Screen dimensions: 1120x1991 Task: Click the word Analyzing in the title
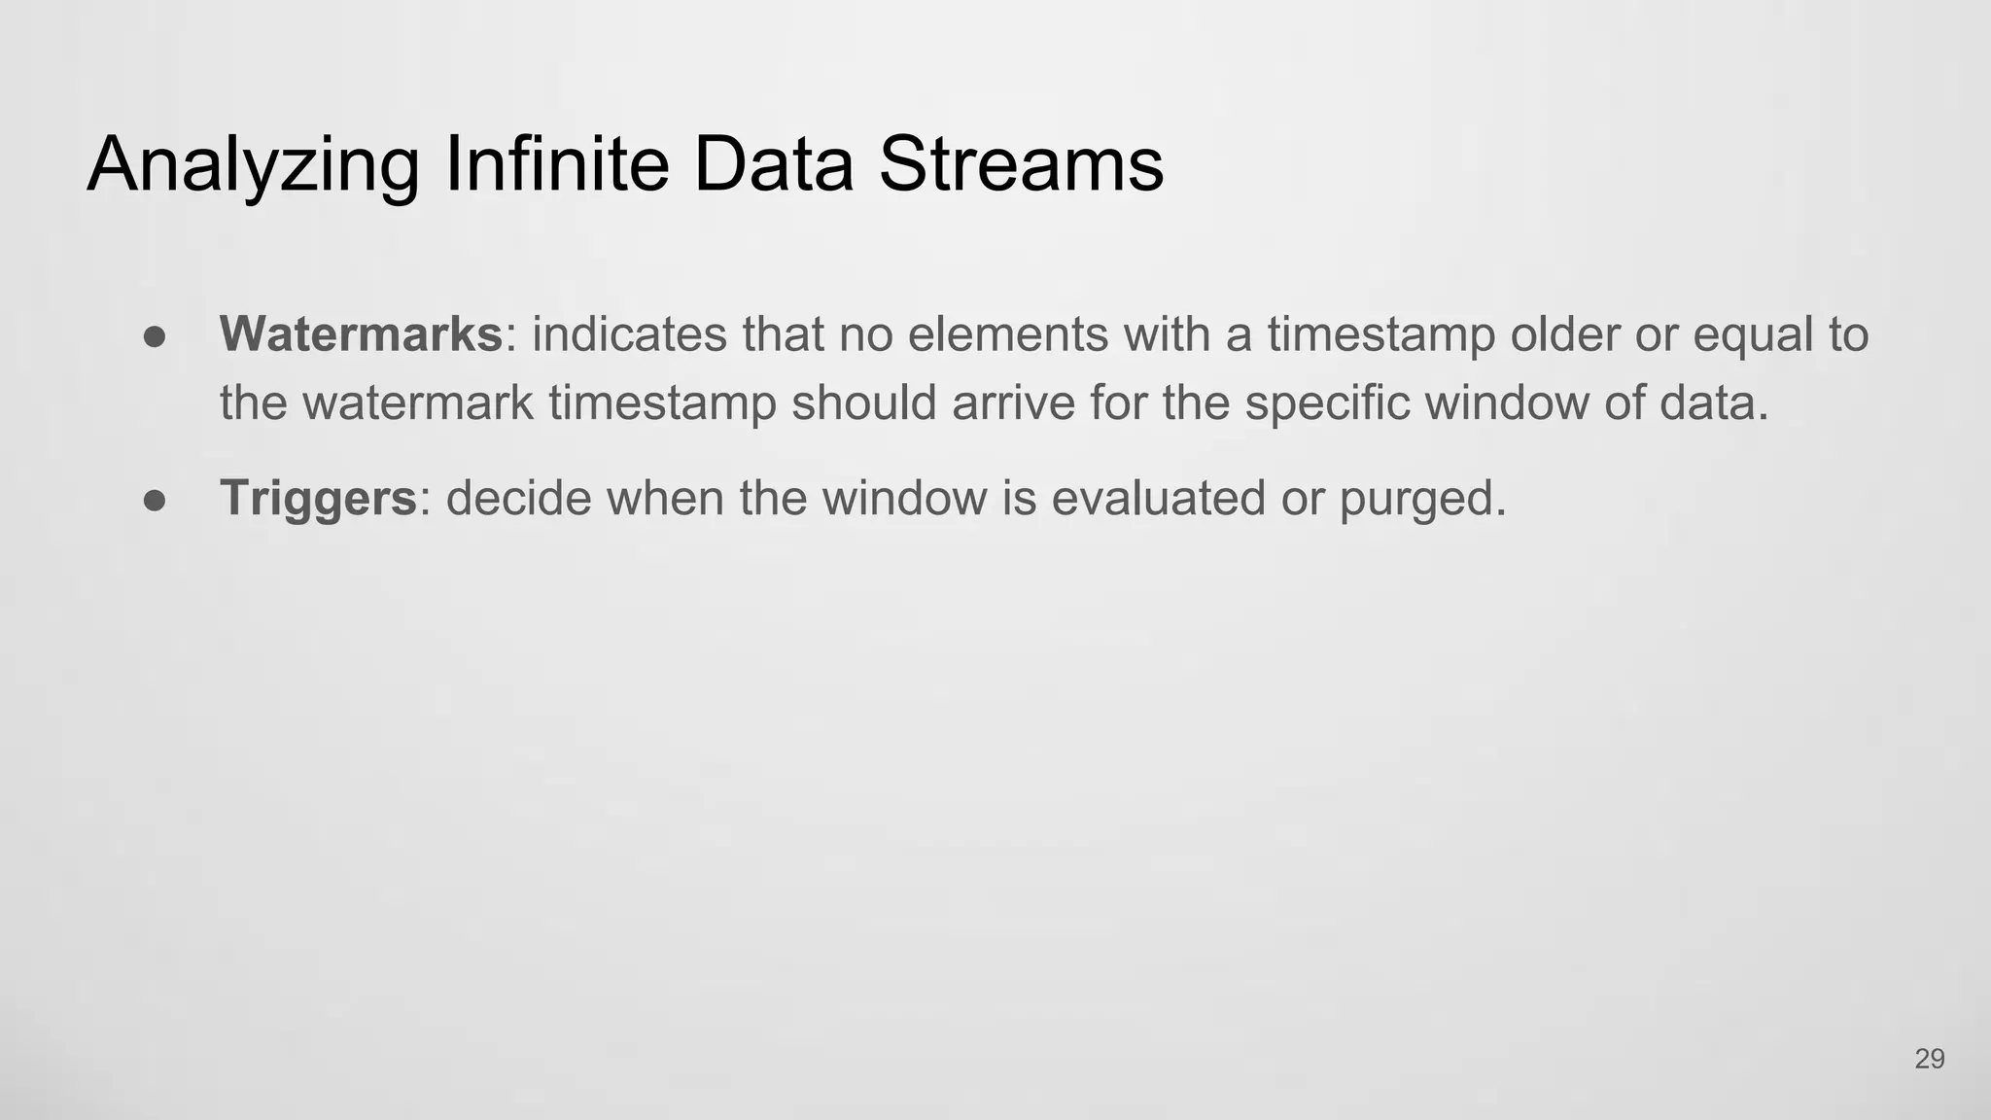(x=254, y=165)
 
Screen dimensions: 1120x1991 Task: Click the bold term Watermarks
(x=361, y=334)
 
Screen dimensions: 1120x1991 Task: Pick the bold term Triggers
(x=318, y=499)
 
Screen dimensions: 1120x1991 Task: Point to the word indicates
(x=629, y=334)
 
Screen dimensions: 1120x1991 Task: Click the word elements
(x=1008, y=334)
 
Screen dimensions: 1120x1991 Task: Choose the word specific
(x=1328, y=404)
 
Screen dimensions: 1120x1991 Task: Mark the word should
(x=864, y=402)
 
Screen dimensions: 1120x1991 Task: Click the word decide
(x=519, y=499)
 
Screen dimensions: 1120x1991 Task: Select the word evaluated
(x=1158, y=499)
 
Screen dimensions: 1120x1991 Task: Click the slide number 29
(x=1929, y=1059)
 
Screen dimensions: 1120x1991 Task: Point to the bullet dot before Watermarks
(x=156, y=336)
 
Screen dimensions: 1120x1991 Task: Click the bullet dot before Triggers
(x=156, y=501)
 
